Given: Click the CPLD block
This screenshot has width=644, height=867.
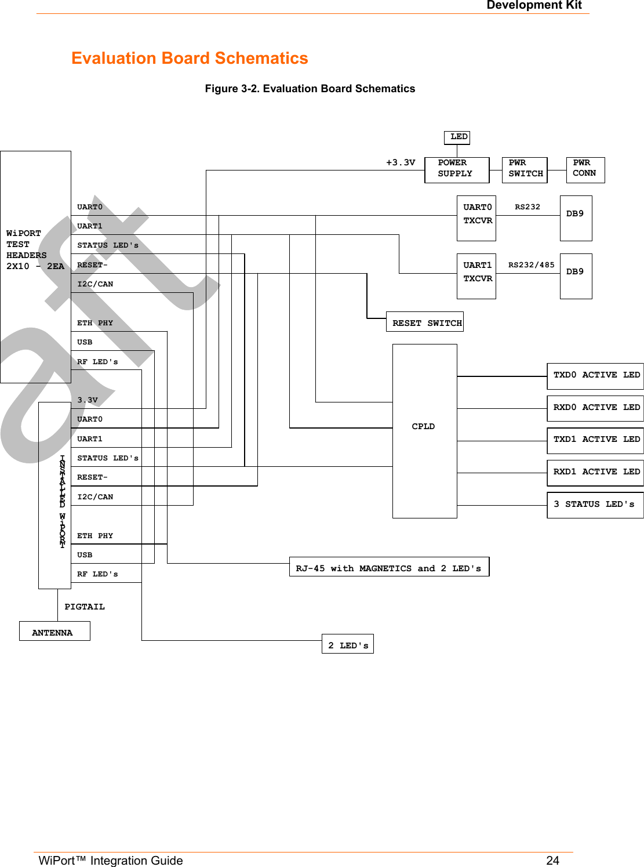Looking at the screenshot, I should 424,430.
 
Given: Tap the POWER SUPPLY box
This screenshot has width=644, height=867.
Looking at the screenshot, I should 456,170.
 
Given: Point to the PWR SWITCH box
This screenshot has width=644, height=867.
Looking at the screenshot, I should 525,170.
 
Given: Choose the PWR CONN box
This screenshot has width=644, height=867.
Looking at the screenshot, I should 585,170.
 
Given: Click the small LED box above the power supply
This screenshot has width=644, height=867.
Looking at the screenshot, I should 457,137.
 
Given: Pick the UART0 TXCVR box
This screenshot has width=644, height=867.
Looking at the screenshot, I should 476,218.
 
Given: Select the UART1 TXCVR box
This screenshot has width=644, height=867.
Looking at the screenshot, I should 476,276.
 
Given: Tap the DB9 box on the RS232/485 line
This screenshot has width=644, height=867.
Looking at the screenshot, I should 576,276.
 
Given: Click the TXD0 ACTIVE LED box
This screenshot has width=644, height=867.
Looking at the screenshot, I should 595,376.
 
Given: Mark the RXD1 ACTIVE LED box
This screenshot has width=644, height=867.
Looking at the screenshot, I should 595,473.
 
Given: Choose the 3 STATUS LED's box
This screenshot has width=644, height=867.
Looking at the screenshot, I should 595,505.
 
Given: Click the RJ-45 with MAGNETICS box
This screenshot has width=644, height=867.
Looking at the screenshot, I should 389,567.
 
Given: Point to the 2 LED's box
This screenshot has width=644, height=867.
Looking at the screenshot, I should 347,644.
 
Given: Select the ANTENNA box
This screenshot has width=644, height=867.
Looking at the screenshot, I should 54,632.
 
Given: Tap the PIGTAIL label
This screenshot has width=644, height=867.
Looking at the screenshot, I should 85,607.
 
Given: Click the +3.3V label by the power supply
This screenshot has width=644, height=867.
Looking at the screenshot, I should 401,162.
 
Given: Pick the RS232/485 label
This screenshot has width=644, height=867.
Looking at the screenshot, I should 531,265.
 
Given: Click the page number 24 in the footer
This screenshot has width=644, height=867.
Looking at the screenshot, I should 552,860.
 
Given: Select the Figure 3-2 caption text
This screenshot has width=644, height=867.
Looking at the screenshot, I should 310,89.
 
